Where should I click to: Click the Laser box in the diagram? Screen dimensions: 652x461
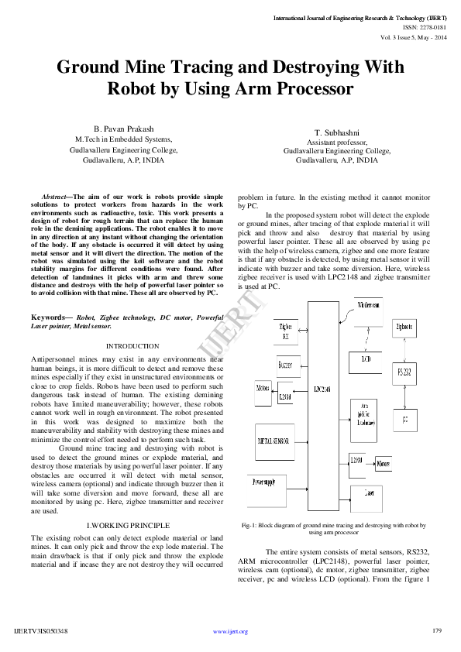click(x=369, y=492)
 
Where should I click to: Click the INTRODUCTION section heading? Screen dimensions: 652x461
click(x=127, y=345)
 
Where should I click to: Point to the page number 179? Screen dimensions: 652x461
click(x=437, y=630)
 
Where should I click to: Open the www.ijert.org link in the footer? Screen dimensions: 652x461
click(x=230, y=632)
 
